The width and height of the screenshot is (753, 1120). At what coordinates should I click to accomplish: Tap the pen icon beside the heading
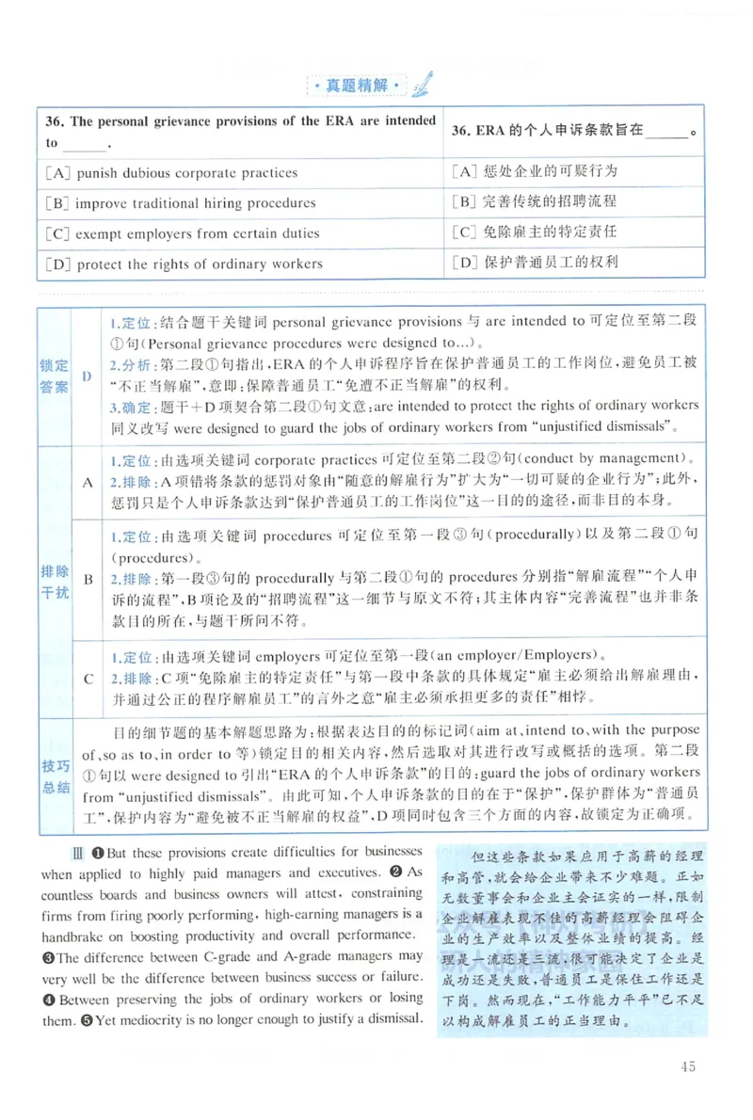[x=421, y=83]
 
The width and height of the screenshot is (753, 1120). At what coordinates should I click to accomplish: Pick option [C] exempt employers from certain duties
[x=182, y=233]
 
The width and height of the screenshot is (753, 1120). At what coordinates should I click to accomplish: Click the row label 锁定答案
[x=54, y=376]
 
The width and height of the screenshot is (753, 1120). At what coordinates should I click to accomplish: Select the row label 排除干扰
[x=54, y=582]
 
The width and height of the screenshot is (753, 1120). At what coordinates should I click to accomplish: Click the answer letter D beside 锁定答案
[x=87, y=376]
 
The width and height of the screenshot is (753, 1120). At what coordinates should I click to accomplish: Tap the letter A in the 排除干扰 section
[x=87, y=482]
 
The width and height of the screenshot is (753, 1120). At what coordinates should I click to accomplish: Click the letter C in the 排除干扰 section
[x=87, y=678]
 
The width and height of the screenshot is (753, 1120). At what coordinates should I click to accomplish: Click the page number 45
[x=686, y=1066]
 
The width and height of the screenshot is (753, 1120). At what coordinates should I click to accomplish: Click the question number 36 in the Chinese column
[x=460, y=131]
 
